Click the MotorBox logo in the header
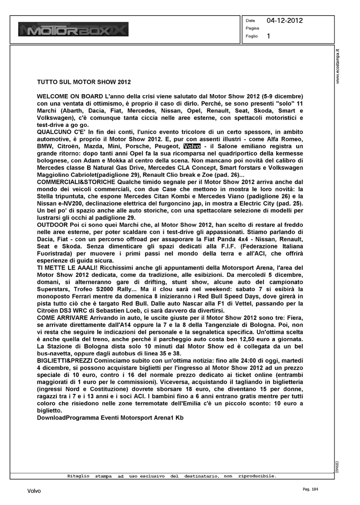pos(74,29)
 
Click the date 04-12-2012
pos(285,21)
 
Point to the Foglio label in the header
pos(252,36)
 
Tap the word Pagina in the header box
pos(252,28)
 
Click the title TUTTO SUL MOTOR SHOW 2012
pos(84,82)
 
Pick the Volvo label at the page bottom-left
pos(34,491)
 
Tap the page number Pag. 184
pos(308,489)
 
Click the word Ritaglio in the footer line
pos(78,476)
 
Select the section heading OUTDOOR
pos(52,225)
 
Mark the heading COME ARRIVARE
pos(62,318)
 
